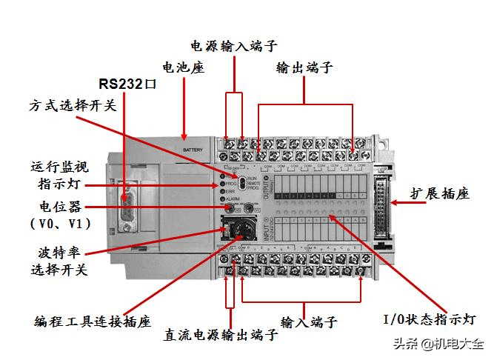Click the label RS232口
(128, 83)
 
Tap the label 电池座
(183, 67)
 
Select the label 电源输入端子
(233, 45)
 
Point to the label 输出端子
(304, 68)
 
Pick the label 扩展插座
(440, 194)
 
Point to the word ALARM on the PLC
(233, 199)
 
